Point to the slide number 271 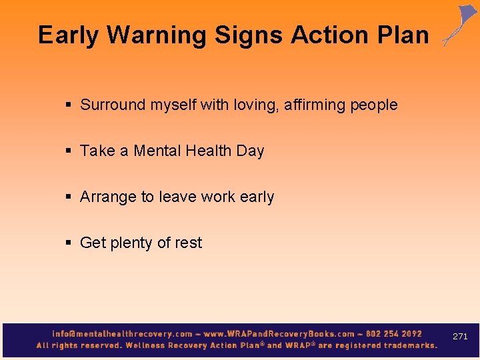pos(460,337)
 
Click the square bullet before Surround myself pos(69,105)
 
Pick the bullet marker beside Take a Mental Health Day pos(69,151)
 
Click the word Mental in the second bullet pos(157,151)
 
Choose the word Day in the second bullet pos(250,151)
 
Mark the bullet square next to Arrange pos(69,197)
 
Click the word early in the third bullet pos(256,197)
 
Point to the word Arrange pos(107,197)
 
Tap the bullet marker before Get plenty pos(69,243)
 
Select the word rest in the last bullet pos(188,243)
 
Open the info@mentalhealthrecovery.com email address pos(122,333)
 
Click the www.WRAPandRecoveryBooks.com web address pos(279,333)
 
